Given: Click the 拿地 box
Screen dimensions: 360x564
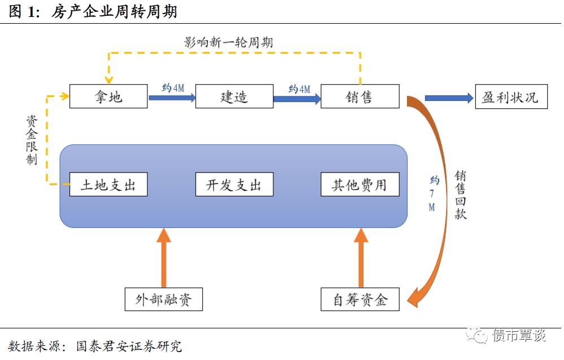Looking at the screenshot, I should click(108, 96).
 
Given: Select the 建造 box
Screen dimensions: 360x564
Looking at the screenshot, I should click(234, 96).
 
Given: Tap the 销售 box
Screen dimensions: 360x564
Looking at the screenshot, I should click(360, 96).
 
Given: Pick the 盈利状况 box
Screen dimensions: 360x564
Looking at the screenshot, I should click(511, 96).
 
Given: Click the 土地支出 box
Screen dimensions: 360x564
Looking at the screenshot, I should click(108, 185).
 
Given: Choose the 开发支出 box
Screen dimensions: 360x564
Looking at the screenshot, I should click(234, 185).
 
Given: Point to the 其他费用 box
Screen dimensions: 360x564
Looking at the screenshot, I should click(360, 185).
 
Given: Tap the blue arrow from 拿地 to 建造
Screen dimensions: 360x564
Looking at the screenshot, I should click(172, 98).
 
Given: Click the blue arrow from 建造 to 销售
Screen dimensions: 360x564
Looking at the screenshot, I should click(297, 99).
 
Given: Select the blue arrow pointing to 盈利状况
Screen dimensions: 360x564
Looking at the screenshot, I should click(449, 98).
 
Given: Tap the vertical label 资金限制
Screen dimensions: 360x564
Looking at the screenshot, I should click(32, 141).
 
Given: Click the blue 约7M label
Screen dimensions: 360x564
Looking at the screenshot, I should click(433, 194).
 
